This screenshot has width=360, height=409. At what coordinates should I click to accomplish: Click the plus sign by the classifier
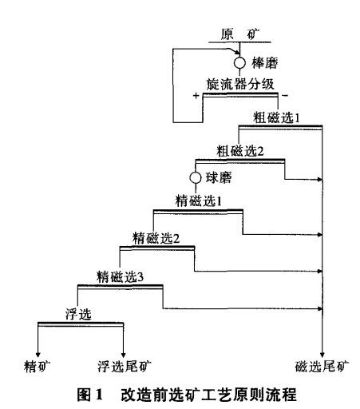pos(196,95)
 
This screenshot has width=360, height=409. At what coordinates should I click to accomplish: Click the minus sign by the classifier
pos(284,95)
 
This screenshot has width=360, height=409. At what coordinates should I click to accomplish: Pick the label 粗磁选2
pos(239,149)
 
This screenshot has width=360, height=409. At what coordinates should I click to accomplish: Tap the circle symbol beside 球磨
pos(195,177)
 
